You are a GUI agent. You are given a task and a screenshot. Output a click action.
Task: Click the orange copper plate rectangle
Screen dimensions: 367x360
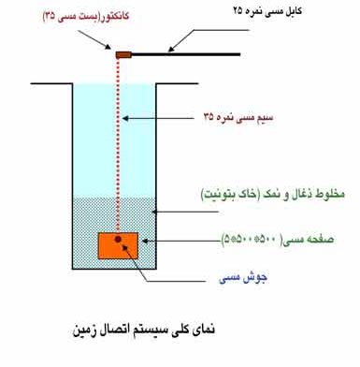tap(119, 245)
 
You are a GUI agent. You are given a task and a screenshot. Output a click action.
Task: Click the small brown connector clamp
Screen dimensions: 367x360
tap(122, 54)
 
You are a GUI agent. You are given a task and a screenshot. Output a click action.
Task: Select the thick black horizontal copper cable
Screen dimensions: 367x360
tap(186, 54)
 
